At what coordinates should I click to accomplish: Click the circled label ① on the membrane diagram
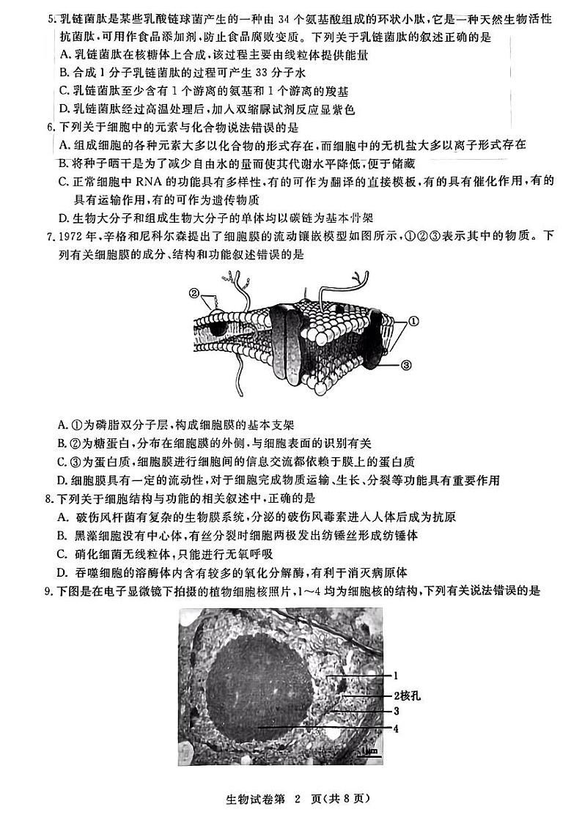413,320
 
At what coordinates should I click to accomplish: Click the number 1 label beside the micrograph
395,676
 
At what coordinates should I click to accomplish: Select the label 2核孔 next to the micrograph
403,695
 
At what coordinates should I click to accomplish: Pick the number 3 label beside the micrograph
395,711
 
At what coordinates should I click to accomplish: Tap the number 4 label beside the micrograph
395,728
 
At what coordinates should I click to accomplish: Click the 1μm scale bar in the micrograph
369,751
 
